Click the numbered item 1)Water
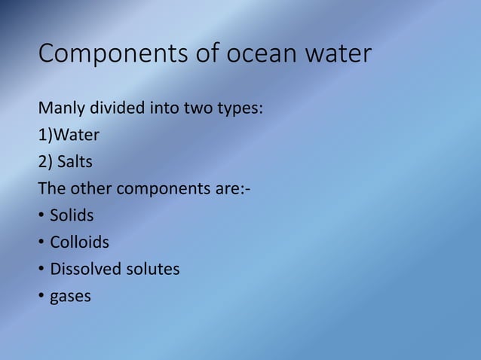click(x=69, y=135)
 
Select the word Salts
click(x=76, y=162)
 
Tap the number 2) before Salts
click(x=45, y=162)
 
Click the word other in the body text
click(x=90, y=189)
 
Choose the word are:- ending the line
click(x=232, y=189)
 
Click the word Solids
click(x=72, y=216)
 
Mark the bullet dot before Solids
click(x=41, y=217)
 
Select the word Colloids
click(x=79, y=243)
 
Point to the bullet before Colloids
click(x=41, y=243)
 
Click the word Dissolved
click(x=84, y=270)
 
